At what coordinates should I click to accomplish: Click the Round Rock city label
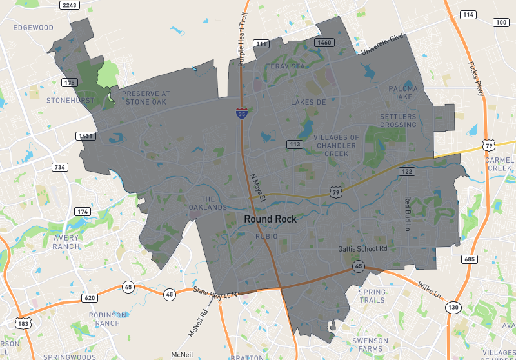pos(270,219)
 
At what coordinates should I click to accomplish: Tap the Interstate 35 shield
pos(241,114)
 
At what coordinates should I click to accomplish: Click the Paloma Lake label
pos(403,92)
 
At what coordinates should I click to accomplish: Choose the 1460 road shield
pos(324,43)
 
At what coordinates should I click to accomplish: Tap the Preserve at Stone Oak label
pos(145,97)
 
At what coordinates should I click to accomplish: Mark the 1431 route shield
pos(86,136)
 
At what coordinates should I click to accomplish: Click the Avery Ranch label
pos(66,242)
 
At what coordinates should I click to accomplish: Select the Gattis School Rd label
pos(362,249)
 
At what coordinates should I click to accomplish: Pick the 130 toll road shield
pos(454,307)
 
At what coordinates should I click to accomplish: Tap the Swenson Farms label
pos(370,345)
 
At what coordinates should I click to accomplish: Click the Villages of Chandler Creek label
pos(336,145)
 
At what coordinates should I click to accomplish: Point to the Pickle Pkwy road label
pos(476,77)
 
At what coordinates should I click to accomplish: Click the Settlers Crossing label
pos(398,121)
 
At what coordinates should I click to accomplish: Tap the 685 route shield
pos(469,259)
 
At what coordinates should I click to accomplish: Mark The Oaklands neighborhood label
pos(208,203)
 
